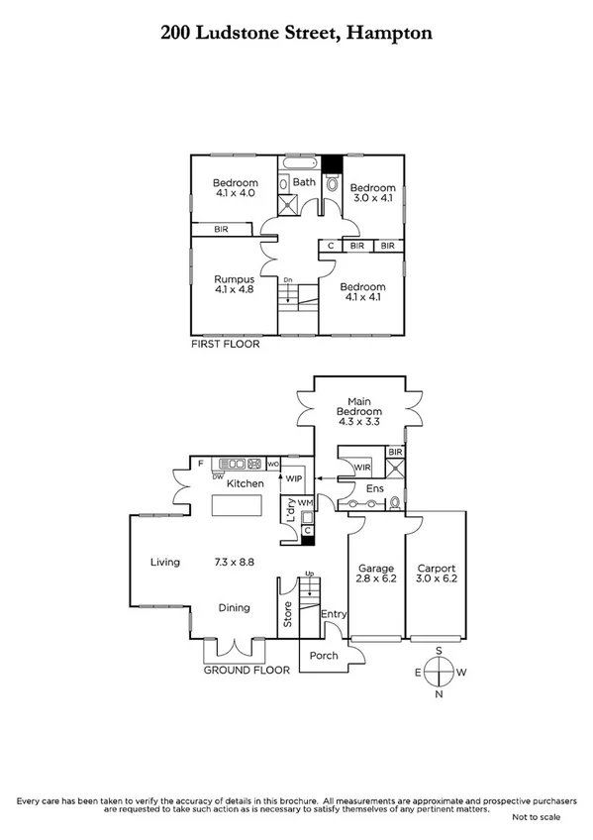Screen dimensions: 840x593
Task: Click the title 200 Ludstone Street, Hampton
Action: pyautogui.click(x=296, y=33)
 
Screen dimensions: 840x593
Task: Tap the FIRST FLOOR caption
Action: pyautogui.click(x=225, y=345)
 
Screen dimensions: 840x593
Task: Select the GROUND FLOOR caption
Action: pyautogui.click(x=247, y=670)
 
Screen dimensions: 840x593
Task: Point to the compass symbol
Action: pyautogui.click(x=440, y=672)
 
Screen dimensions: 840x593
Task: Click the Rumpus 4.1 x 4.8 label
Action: pyautogui.click(x=236, y=286)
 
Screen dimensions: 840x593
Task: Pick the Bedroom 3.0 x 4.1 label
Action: pyautogui.click(x=372, y=193)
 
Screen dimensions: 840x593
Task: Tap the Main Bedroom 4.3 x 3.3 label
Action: pyautogui.click(x=358, y=411)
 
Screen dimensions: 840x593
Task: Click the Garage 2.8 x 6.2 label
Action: pyautogui.click(x=376, y=575)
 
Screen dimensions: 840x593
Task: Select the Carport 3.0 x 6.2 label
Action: pyautogui.click(x=436, y=575)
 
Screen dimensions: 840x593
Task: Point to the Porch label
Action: pyautogui.click(x=324, y=656)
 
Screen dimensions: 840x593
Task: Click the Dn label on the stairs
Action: pyautogui.click(x=288, y=280)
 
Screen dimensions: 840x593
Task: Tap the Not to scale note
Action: pyautogui.click(x=536, y=817)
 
